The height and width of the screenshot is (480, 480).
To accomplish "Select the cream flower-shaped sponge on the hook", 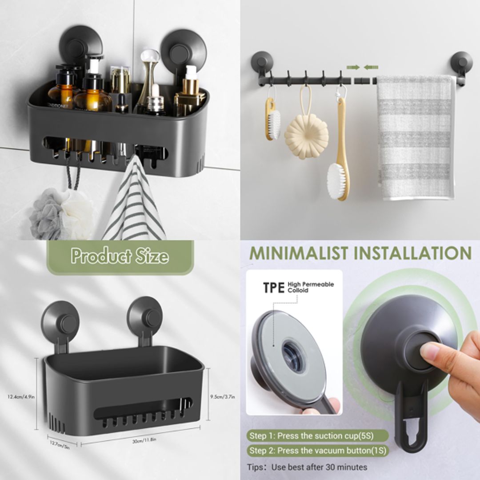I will click(306, 136).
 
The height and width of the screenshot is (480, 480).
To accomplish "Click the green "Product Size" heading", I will click(120, 256).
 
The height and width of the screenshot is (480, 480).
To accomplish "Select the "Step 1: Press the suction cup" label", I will click(316, 436).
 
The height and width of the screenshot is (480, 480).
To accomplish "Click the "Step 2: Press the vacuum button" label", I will click(317, 451).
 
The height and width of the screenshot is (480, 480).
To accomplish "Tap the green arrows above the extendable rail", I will click(362, 67).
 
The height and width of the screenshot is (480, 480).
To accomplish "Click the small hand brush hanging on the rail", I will click(273, 119).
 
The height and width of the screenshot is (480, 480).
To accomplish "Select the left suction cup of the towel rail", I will click(262, 62).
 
